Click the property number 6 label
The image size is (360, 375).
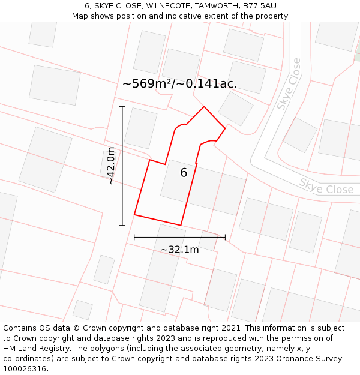(184, 173)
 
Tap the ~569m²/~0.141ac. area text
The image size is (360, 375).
(179, 84)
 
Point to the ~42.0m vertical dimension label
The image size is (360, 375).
(111, 166)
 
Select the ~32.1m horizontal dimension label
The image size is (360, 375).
(179, 249)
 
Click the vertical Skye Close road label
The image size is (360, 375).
(289, 84)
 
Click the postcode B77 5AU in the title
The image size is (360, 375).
(259, 5)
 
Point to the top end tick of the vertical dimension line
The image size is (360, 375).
(122, 107)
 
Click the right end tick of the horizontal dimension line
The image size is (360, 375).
(225, 238)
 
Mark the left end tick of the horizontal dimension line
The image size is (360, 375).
(134, 238)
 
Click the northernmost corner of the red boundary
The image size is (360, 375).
(204, 107)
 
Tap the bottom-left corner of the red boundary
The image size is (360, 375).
(134, 214)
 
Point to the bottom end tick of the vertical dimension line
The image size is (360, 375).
(122, 226)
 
